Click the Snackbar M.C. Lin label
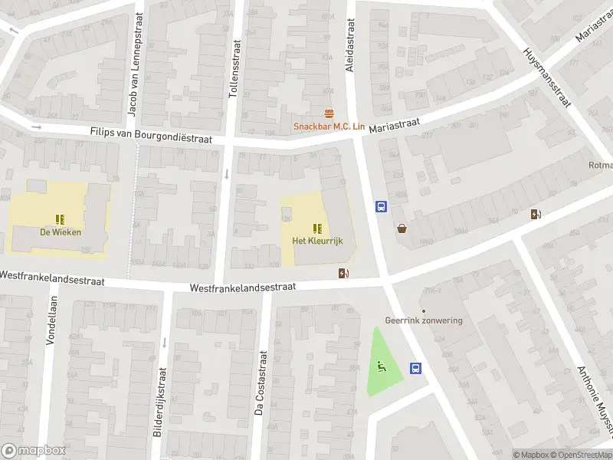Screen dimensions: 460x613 tap(329, 127)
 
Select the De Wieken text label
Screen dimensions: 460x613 tap(61, 232)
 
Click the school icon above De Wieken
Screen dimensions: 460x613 tap(60, 219)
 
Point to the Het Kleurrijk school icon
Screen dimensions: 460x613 tap(316, 228)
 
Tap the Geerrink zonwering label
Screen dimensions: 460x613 tap(424, 320)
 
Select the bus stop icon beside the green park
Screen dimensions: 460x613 tap(415, 368)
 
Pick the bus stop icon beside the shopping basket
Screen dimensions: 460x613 tap(381, 206)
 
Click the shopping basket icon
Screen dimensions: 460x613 tap(402, 228)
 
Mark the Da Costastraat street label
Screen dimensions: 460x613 tap(261, 383)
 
